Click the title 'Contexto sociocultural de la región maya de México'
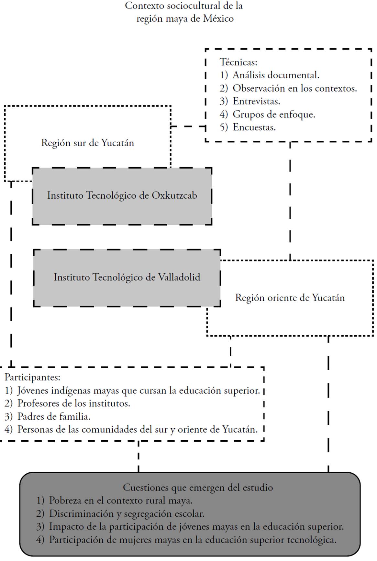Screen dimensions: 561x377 pos(184,12)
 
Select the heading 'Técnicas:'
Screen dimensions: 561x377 pos(238,62)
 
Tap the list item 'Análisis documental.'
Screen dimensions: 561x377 pos(276,75)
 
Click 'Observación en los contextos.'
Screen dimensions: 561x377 pos(294,88)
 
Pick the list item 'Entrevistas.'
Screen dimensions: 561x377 pos(256,101)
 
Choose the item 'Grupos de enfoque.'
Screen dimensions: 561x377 pos(274,114)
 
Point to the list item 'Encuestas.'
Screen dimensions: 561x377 pos(254,127)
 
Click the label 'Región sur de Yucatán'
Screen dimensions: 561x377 pos(87,143)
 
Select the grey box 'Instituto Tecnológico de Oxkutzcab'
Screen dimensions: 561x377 pos(122,196)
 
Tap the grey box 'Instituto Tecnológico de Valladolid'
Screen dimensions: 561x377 pos(127,278)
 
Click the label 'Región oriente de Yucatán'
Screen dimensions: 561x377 pos(290,298)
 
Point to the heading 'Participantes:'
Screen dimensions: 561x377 pos(32,377)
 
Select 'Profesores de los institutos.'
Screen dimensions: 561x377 pos(73,403)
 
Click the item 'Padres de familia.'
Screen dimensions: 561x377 pos(54,416)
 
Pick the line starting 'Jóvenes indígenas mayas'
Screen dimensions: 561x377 pos(139,390)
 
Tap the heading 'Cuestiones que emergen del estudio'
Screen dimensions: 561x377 pos(198,487)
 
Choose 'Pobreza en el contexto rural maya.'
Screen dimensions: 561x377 pos(121,500)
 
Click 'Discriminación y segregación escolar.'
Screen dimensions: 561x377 pos(127,513)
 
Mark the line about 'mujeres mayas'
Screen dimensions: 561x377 pos(193,540)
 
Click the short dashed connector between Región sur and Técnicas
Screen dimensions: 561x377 pos(188,126)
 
